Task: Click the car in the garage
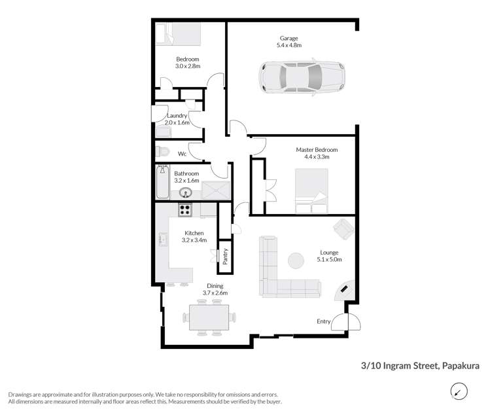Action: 302,77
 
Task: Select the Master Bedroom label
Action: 306,149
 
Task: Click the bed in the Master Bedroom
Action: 311,191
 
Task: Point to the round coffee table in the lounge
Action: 296,260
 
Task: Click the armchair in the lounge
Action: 343,228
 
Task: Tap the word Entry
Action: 323,321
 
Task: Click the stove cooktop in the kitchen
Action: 185,210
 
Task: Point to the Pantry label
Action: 225,255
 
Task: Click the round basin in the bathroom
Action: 186,192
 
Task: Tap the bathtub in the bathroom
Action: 162,183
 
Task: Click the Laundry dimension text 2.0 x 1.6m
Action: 177,122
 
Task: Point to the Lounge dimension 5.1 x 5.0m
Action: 328,260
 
